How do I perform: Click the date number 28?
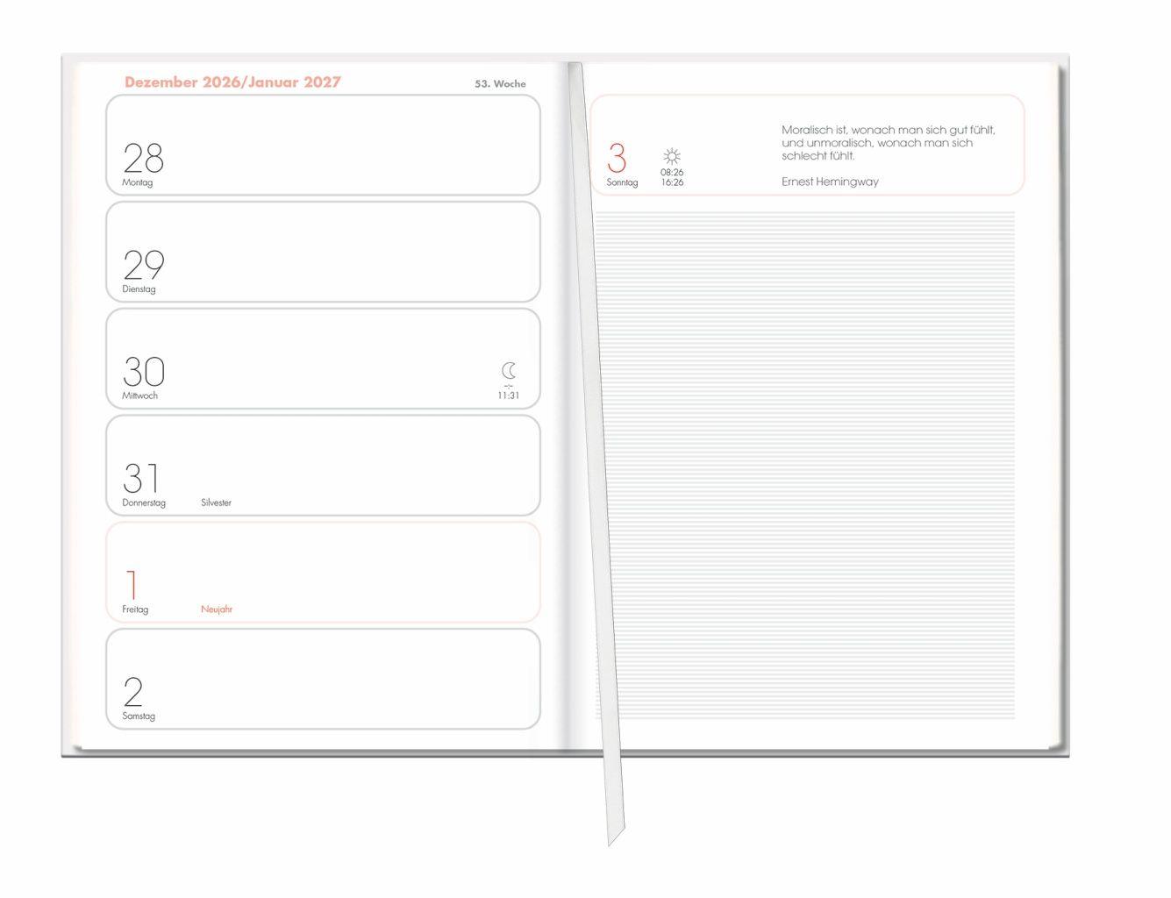[x=143, y=157]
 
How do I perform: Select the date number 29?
[x=144, y=265]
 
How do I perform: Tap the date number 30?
[x=144, y=371]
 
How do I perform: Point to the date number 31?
[x=141, y=478]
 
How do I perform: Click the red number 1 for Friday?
[x=132, y=584]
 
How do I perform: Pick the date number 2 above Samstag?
[x=133, y=692]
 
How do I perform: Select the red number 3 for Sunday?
[x=617, y=157]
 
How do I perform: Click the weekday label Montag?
[x=138, y=182]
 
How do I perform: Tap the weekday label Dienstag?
[x=139, y=289]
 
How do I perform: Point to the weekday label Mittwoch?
[x=140, y=396]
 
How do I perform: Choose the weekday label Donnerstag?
[x=144, y=502]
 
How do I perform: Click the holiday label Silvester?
[x=216, y=502]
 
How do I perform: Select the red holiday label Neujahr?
[x=217, y=609]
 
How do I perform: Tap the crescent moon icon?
[x=508, y=371]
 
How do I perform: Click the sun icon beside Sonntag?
[x=672, y=156]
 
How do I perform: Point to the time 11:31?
[x=509, y=396]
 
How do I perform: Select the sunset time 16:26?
[x=673, y=182]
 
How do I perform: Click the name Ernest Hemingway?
[x=830, y=182]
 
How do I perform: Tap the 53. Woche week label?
[x=500, y=84]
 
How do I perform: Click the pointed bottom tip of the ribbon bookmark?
[x=609, y=845]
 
